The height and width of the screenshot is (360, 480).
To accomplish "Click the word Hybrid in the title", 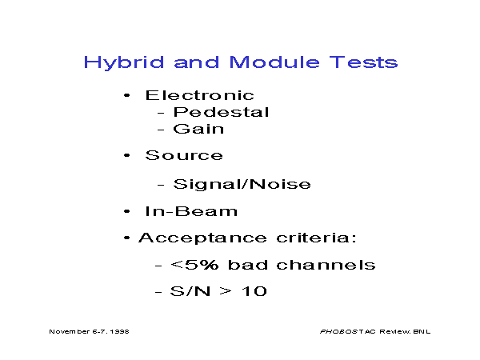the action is [124, 63].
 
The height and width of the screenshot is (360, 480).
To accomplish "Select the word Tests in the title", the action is [364, 62].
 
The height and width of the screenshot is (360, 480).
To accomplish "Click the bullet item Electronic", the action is [199, 95].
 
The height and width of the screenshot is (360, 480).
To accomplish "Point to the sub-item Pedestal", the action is [221, 112].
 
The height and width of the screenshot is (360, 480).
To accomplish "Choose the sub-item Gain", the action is [198, 129].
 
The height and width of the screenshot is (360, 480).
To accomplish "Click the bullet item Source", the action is [184, 155].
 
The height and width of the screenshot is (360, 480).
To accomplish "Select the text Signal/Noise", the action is [242, 184].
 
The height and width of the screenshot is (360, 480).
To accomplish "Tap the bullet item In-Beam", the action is [191, 211].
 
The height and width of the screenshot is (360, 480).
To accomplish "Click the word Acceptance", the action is [202, 238].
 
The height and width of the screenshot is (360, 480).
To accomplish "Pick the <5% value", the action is [194, 265].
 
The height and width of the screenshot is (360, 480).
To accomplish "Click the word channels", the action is [326, 265].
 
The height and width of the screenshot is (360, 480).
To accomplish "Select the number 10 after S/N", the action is [254, 291].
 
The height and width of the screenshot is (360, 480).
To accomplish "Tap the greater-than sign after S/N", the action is [226, 291].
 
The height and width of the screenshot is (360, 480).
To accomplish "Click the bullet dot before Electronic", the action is [126, 95].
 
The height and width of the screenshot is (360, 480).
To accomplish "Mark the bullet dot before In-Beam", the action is [126, 211].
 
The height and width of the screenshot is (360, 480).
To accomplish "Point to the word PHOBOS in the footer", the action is [338, 331].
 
